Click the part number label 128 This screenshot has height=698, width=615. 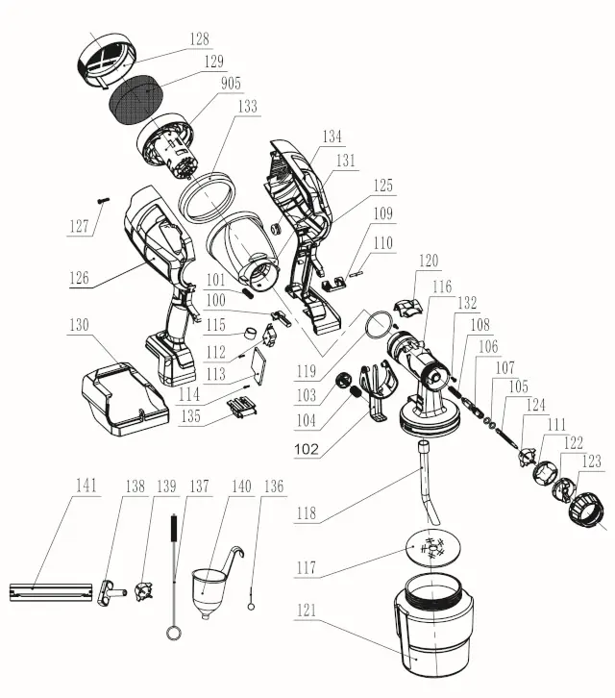[199, 40]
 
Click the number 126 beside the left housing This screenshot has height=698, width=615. [79, 279]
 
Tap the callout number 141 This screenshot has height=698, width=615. [87, 487]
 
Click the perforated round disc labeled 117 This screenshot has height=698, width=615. [432, 547]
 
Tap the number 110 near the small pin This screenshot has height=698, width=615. [383, 244]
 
